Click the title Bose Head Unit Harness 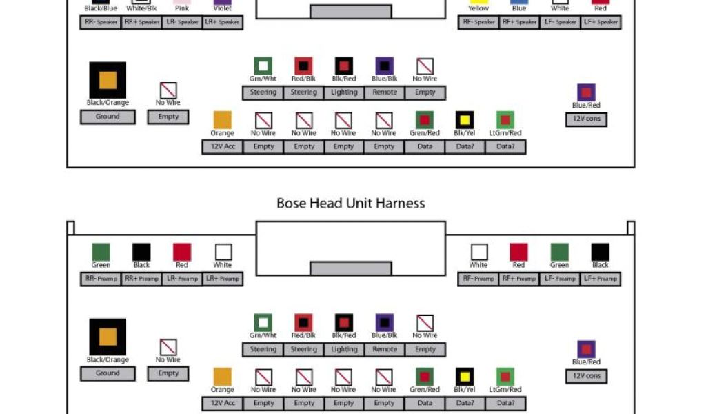[x=350, y=203]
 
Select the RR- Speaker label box [x=101, y=22]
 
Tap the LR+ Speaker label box [x=223, y=22]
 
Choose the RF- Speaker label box [x=478, y=22]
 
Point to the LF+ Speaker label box [x=601, y=22]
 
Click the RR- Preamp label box [x=101, y=279]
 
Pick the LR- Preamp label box [x=182, y=279]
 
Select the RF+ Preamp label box [x=519, y=279]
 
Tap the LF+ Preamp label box [x=601, y=279]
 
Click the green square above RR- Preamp [x=101, y=252]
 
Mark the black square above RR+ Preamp [x=141, y=252]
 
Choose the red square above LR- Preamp [x=182, y=252]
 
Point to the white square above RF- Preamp [x=478, y=252]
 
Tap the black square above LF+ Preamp [x=601, y=252]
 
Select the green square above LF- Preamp [x=560, y=252]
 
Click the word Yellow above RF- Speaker [x=478, y=8]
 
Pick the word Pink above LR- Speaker [x=182, y=8]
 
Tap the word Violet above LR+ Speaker [x=223, y=8]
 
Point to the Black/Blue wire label [x=101, y=8]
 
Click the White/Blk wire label [x=141, y=8]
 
